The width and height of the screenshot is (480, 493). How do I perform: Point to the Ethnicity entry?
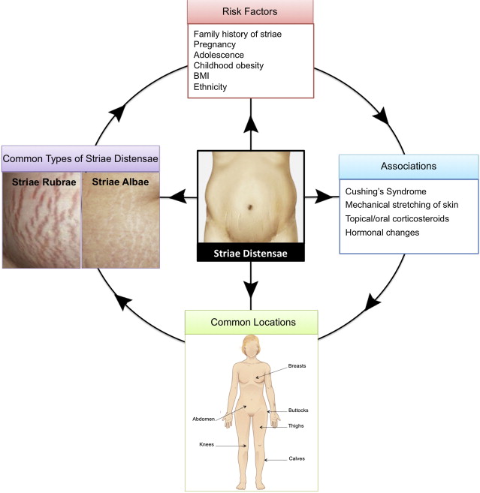click(x=210, y=86)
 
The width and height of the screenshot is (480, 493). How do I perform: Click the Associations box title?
click(x=409, y=165)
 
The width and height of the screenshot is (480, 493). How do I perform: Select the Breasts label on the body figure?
click(x=297, y=367)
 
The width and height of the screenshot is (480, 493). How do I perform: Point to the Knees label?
click(x=207, y=444)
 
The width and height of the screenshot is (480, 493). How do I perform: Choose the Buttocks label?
click(x=298, y=410)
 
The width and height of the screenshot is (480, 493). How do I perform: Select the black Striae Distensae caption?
click(x=251, y=254)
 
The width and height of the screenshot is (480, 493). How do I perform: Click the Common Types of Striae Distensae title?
click(x=80, y=158)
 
